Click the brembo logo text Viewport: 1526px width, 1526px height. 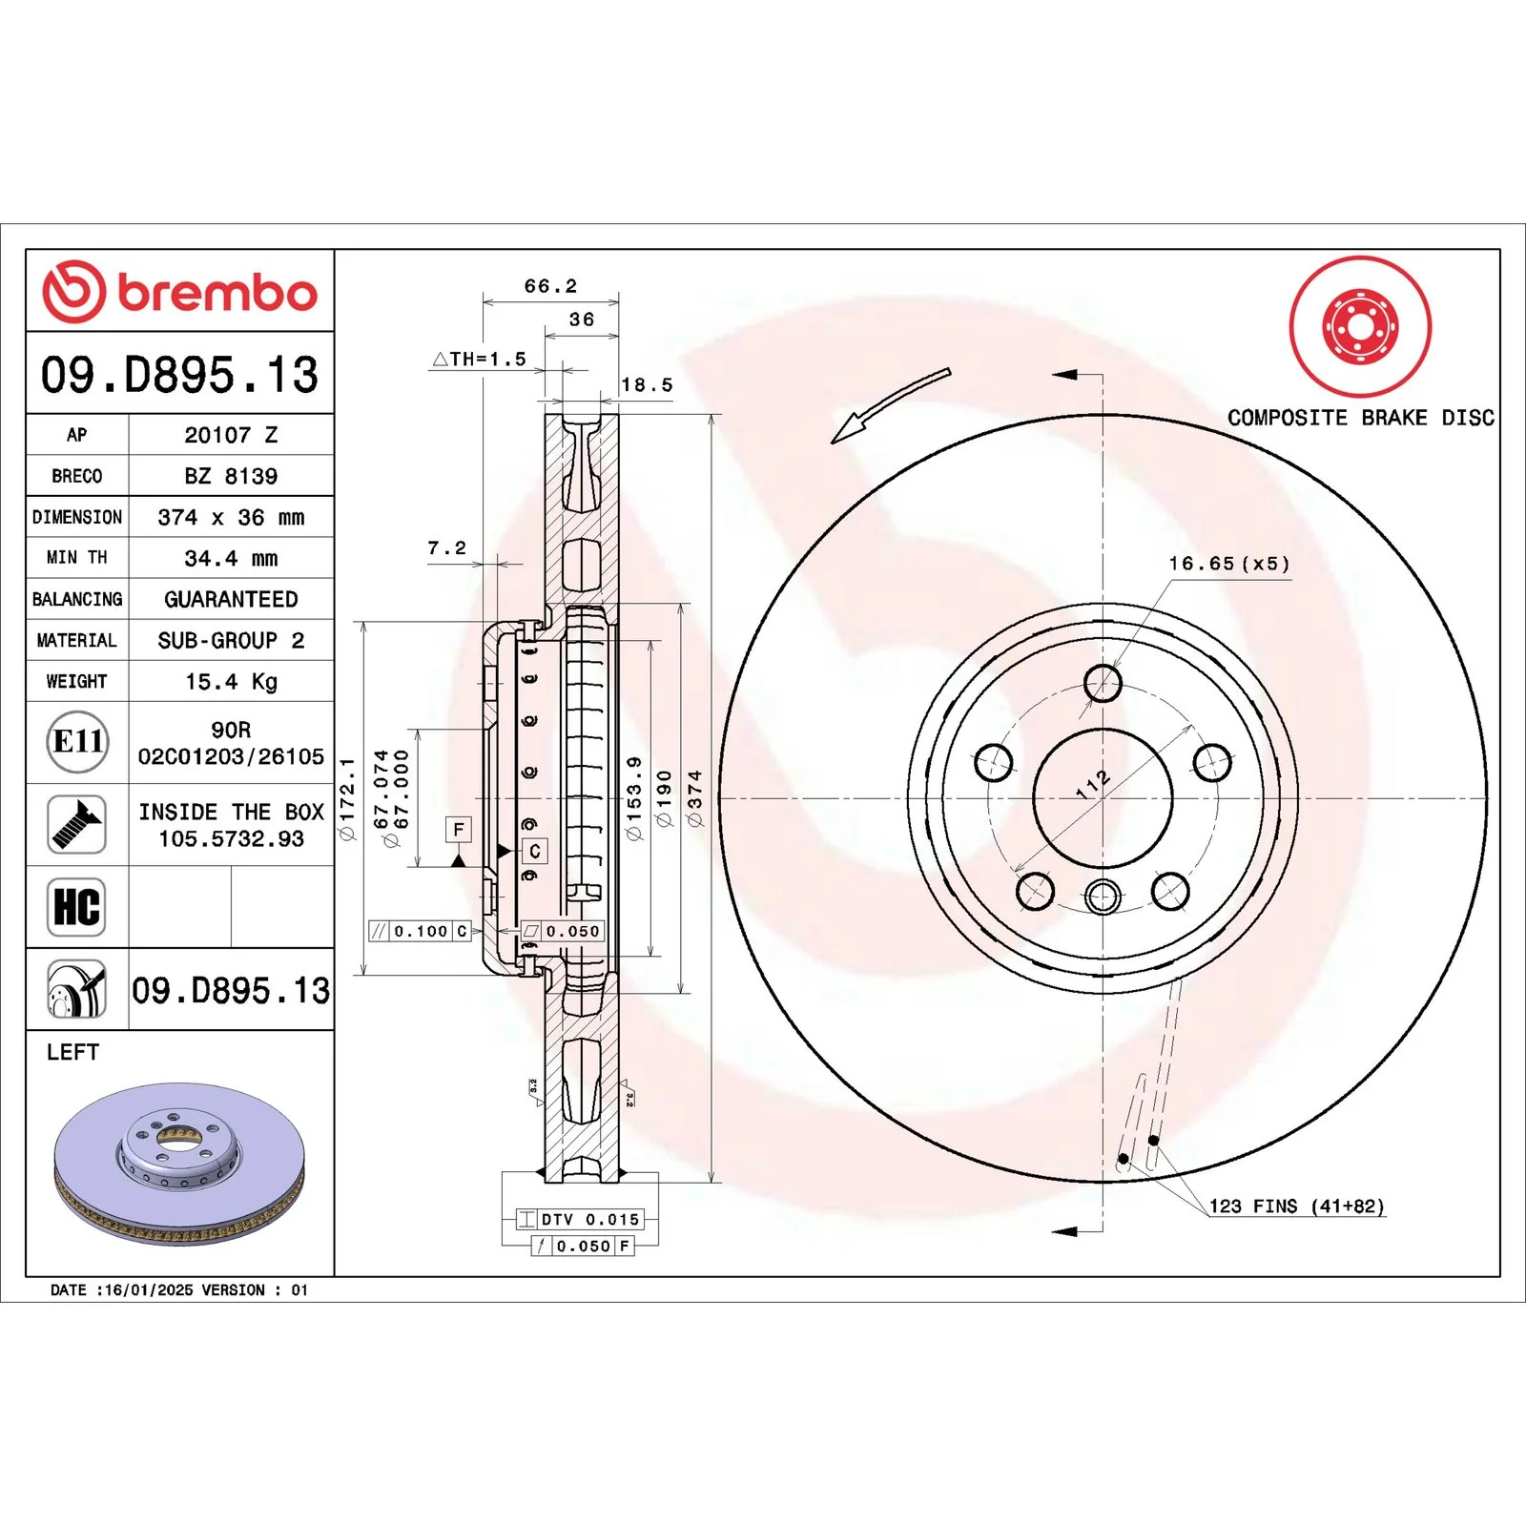[x=217, y=293]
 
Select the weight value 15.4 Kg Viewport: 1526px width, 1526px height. [x=231, y=681]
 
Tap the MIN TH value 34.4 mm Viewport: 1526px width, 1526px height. [x=231, y=558]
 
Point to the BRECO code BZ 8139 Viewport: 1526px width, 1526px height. [x=231, y=476]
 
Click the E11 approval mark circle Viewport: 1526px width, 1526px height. [x=77, y=741]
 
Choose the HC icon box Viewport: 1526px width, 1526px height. [x=77, y=906]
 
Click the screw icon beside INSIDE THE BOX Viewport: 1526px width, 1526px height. [x=77, y=824]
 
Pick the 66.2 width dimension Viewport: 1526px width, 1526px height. [x=550, y=286]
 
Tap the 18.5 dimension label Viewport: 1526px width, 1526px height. [x=647, y=384]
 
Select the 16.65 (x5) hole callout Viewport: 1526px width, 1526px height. [x=1229, y=564]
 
